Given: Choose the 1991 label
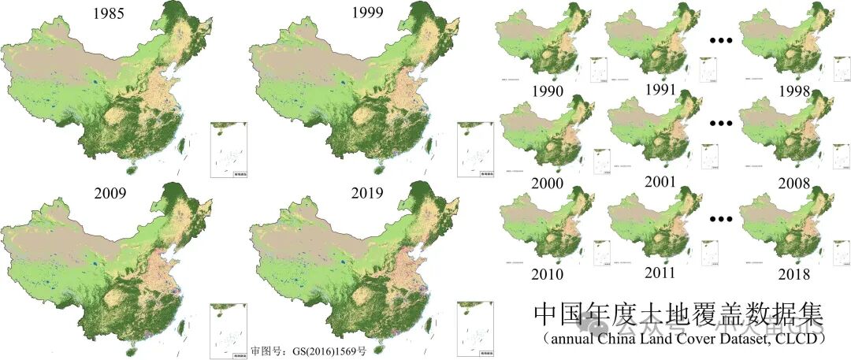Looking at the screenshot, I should tap(660, 90).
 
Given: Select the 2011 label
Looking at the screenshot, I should tap(660, 273).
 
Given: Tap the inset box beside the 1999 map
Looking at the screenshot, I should tap(475, 150).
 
